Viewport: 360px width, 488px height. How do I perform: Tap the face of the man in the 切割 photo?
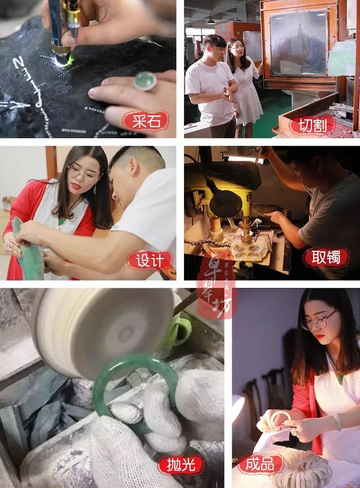[214, 51]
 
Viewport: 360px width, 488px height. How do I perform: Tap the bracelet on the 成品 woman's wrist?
[337, 422]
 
